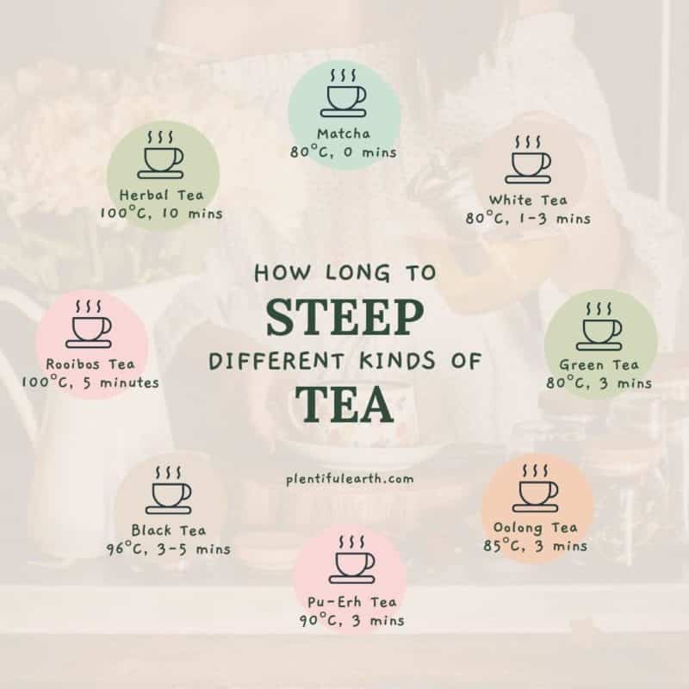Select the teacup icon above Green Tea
[602, 328]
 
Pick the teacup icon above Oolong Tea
[537, 490]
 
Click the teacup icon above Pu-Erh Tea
[353, 562]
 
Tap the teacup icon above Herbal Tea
[162, 157]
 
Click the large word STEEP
[344, 318]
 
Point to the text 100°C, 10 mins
[161, 213]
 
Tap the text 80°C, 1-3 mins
[528, 218]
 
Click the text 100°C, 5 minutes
[92, 382]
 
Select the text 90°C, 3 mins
[351, 620]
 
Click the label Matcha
[344, 133]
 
